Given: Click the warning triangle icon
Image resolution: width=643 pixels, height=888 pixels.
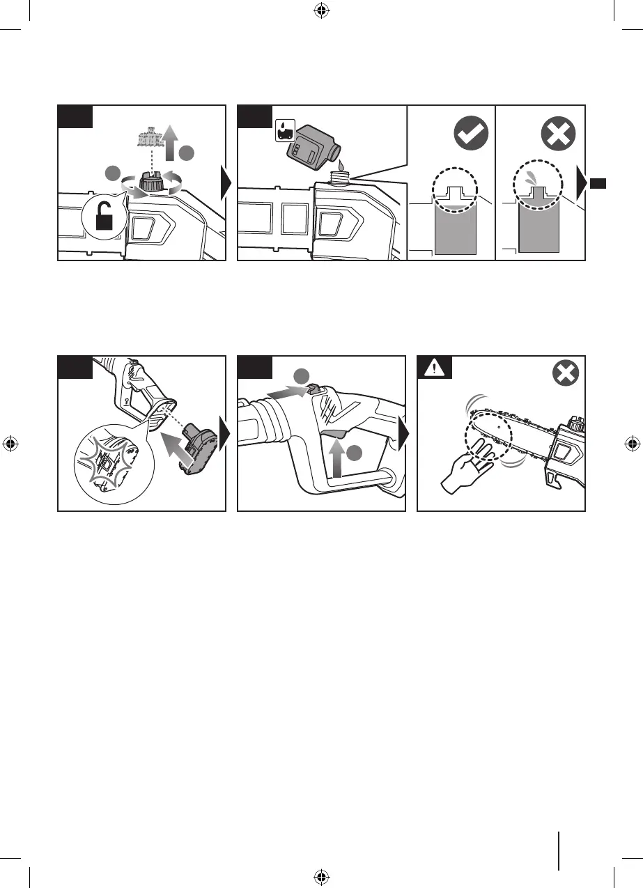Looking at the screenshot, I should point(434,367).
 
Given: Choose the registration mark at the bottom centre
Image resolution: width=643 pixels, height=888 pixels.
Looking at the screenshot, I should point(320,874).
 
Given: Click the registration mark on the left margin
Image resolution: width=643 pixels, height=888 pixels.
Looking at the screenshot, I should point(12,443).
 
